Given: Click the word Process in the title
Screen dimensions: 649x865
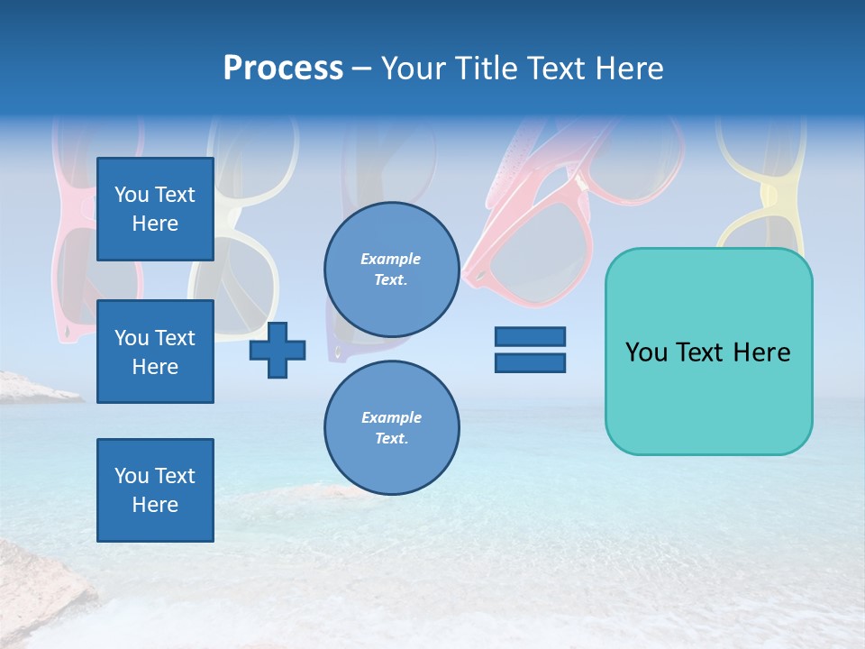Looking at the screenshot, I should pos(283,69).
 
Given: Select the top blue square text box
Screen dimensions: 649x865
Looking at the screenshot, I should pos(155,209).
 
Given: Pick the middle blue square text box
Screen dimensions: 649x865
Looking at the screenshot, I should pos(155,352).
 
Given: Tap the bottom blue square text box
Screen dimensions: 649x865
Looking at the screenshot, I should pos(155,490).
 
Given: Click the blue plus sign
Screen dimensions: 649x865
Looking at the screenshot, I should pos(278,351).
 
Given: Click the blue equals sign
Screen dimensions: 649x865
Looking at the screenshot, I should pos(530,350).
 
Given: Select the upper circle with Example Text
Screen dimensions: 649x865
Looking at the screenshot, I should pos(391,269).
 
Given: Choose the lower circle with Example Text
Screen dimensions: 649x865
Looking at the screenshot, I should pos(391,427).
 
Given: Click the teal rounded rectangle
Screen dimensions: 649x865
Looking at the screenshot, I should pos(708,352).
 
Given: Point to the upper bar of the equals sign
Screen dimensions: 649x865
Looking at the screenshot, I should pos(530,337).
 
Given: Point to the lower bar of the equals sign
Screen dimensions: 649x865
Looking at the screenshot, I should pos(530,362).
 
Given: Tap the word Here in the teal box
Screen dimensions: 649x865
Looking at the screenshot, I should pos(761,352).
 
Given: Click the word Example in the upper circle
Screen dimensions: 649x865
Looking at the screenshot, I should pos(391,259).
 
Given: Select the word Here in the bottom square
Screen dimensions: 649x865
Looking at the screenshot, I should pos(155,505).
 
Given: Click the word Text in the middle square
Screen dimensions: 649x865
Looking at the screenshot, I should pos(175,338).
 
